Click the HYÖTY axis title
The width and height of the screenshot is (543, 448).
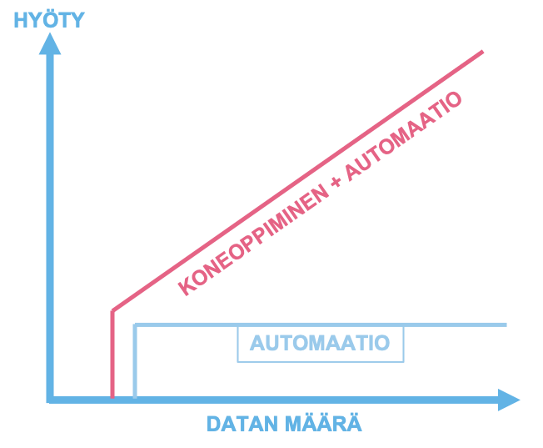point(48,20)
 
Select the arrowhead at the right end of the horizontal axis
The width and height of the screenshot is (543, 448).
point(508,400)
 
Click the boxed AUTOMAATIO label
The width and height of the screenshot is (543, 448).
point(320,343)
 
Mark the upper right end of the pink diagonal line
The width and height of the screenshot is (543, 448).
point(482,52)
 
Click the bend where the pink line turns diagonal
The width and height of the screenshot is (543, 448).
point(112,310)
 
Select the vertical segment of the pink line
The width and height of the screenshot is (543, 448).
point(112,355)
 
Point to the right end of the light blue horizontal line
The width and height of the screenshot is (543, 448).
point(505,324)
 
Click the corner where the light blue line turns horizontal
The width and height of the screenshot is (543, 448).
point(135,324)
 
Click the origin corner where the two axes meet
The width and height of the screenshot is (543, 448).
point(51,399)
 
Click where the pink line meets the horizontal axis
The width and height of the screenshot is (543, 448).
point(112,397)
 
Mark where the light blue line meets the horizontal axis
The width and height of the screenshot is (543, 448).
point(135,397)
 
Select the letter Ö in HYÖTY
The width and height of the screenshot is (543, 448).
point(49,20)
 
